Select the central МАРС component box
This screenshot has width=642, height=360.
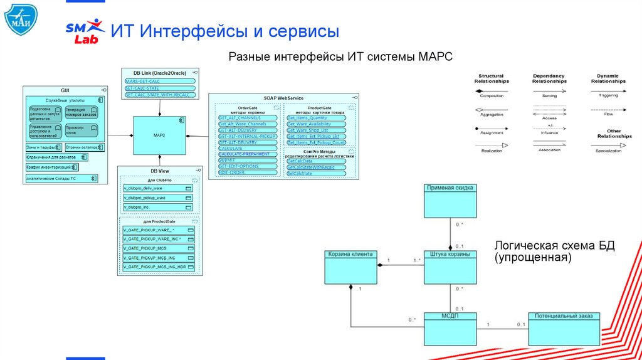pyautogui.click(x=159, y=135)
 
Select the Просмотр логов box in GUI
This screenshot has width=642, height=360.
pyautogui.click(x=81, y=130)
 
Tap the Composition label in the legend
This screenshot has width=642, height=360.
pyautogui.click(x=492, y=95)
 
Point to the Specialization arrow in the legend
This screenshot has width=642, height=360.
pyautogui.click(x=608, y=146)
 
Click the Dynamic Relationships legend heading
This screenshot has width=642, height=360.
pyautogui.click(x=608, y=78)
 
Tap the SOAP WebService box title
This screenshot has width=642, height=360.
pyautogui.click(x=283, y=98)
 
